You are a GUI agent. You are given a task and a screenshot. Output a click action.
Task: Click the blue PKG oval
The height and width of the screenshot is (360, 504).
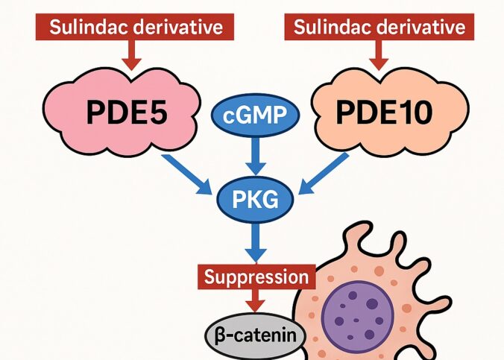(253, 200)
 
